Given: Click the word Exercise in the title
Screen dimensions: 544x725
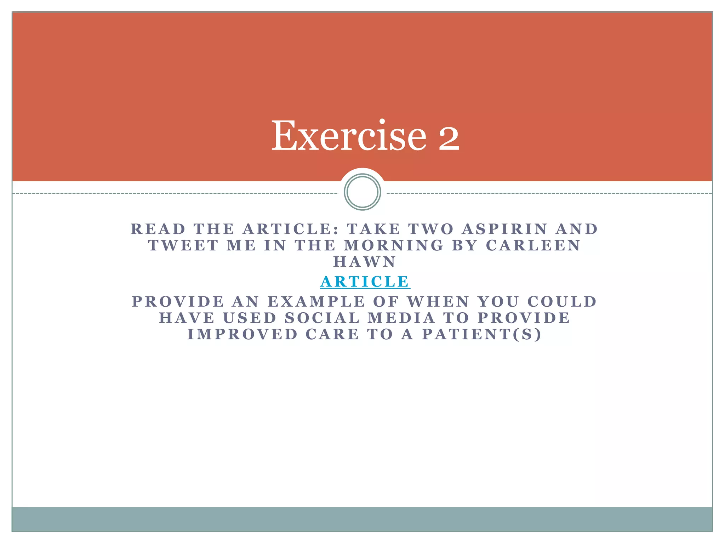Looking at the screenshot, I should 349,136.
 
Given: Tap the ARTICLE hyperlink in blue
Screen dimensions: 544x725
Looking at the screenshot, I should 365,282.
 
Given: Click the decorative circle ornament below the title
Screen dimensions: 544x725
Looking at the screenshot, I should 362,192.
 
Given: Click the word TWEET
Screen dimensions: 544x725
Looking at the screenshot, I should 183,245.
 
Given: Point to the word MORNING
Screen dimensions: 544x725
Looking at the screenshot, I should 394,245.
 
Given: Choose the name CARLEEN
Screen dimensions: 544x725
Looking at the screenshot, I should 533,245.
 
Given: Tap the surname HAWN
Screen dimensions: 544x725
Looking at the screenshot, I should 365,262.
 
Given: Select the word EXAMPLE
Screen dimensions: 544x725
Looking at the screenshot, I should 316,302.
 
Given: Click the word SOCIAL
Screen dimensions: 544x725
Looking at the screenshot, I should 322,318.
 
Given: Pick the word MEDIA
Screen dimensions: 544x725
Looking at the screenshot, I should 401,318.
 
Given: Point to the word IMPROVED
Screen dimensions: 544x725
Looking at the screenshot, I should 242,334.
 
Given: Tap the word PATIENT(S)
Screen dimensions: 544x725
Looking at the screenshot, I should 482,334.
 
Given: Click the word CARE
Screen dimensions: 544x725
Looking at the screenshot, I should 332,334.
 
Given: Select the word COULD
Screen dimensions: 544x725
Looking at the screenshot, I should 562,302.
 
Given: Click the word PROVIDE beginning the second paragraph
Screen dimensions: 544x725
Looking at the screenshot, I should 178,302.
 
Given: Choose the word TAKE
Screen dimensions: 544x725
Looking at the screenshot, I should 373,229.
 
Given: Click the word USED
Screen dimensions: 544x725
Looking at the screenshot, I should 250,318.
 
